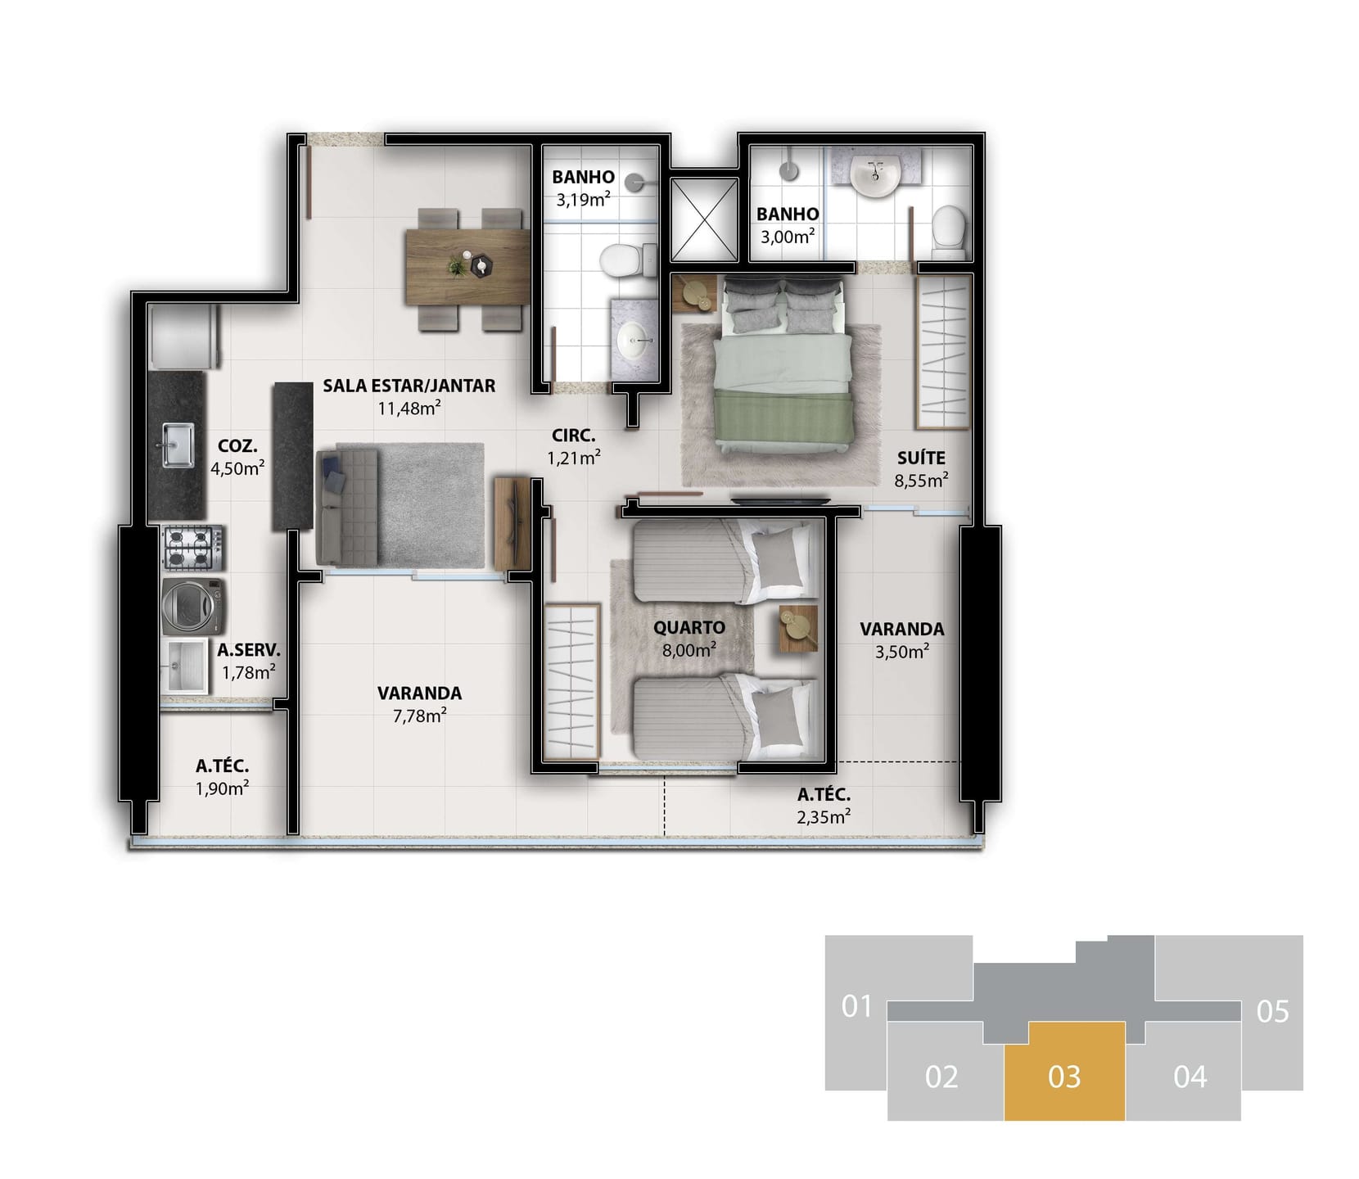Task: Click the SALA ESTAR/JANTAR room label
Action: point(409,386)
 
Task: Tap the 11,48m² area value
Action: point(409,408)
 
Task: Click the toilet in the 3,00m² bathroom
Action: point(949,225)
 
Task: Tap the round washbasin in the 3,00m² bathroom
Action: point(875,175)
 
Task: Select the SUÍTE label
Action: point(921,458)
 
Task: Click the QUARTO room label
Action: point(689,628)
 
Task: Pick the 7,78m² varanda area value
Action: point(419,716)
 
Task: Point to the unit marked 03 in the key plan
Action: point(1064,1071)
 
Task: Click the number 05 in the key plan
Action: point(1273,1012)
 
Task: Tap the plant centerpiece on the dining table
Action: point(455,264)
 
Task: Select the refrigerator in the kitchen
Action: point(184,337)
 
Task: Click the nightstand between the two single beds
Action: point(798,629)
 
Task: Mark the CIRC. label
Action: point(574,436)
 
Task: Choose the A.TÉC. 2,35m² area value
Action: point(824,816)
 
